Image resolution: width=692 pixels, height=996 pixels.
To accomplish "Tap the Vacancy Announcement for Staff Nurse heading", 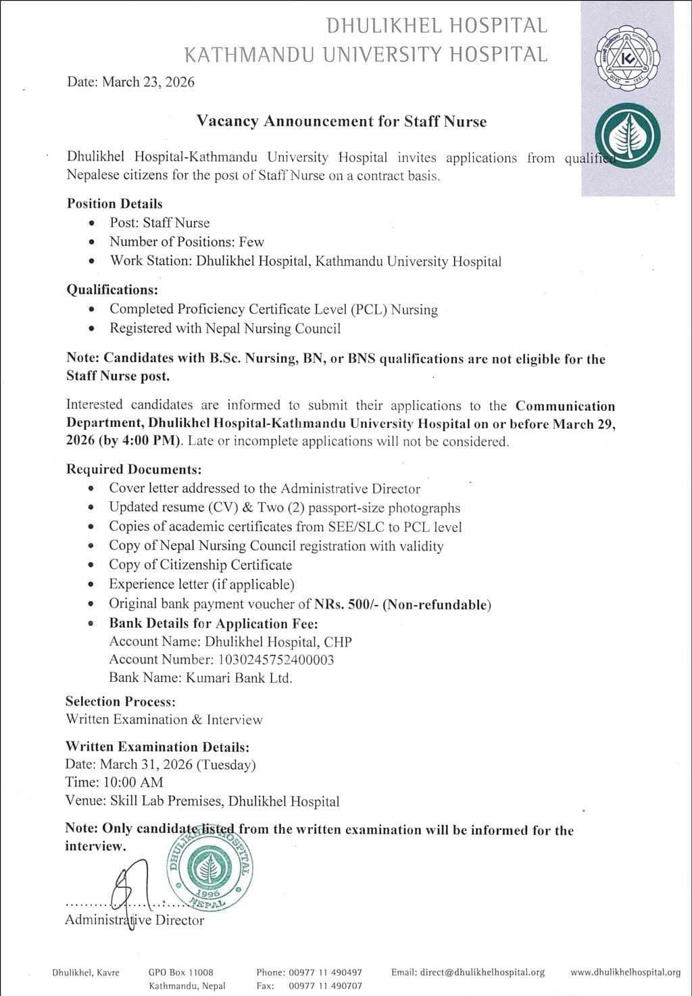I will click(x=341, y=122).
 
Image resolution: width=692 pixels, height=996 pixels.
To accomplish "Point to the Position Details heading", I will click(x=114, y=203).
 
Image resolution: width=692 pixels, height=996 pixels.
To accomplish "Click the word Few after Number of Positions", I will click(x=251, y=242).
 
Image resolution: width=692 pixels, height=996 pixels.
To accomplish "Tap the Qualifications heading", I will click(x=112, y=290).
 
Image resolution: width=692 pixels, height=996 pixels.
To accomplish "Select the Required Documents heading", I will click(x=133, y=469).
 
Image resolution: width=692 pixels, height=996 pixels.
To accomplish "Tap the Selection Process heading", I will click(x=120, y=701).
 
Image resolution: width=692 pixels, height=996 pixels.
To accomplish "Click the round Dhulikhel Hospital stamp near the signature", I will click(x=211, y=867).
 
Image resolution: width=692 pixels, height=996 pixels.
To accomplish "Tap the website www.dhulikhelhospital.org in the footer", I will click(x=625, y=972).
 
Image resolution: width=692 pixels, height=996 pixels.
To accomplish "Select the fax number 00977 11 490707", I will click(x=325, y=986).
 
